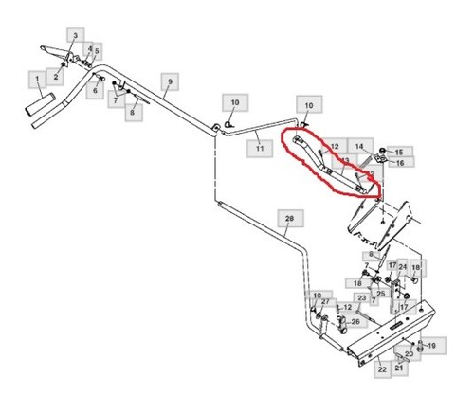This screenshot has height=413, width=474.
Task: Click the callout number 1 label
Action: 37,80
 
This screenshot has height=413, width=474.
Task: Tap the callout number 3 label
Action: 75,35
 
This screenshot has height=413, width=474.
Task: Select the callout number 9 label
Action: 170,81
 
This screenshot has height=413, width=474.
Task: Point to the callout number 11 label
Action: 260,148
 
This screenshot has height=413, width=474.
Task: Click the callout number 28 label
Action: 289,218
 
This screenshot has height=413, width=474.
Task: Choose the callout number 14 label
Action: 360,147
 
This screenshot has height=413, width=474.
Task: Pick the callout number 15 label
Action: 399,152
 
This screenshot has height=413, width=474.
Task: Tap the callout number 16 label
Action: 400,163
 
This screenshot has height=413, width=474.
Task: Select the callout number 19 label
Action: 432,346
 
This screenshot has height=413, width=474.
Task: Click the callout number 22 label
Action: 382,369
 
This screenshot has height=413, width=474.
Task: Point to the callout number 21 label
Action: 399,368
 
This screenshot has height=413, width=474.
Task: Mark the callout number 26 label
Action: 355,322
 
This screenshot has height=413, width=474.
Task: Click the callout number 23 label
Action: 362,297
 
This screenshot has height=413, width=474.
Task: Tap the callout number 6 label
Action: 95,91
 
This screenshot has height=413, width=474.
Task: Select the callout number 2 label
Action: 56,77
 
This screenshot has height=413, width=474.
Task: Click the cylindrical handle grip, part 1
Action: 40,104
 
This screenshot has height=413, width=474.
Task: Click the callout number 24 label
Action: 402,267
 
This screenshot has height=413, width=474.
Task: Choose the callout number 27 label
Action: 325,301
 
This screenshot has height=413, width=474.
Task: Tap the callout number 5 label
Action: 97,51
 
